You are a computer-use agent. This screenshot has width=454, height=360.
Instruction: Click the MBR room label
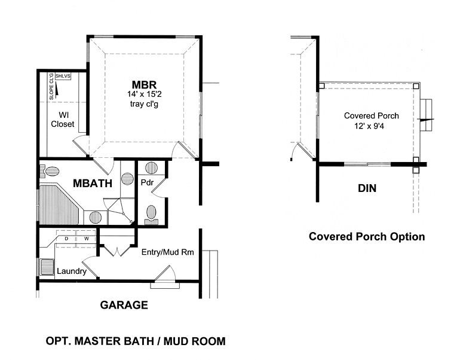pos(144,85)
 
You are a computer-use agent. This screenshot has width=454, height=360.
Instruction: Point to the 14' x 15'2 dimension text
pos(144,94)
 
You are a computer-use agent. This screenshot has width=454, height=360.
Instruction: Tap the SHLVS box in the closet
pos(63,77)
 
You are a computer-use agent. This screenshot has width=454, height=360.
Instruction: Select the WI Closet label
pos(63,120)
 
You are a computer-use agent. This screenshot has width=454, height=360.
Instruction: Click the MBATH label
pos(93,184)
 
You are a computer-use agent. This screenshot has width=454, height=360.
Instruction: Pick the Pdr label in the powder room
pos(147,183)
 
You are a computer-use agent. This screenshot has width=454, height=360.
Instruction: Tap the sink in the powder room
pos(151,168)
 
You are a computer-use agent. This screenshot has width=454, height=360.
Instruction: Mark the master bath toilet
pos(49,172)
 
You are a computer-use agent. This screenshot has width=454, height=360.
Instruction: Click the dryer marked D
pos(66,239)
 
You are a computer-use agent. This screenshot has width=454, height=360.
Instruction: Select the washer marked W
pos(86,239)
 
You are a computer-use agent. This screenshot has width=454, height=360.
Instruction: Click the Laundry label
pos(72,271)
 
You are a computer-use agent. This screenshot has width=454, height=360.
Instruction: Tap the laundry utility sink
pos(47,267)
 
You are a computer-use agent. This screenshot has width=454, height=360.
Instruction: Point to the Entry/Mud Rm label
pos(168,252)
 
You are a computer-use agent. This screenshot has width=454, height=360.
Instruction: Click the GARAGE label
pos(124,305)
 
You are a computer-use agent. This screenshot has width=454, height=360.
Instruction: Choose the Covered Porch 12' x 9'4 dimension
pos(369,126)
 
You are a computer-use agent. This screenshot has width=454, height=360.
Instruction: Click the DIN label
pos(367,188)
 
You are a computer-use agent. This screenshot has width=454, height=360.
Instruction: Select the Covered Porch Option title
pos(367,237)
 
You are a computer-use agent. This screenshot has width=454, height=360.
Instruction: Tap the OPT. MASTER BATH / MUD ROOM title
pos(136,341)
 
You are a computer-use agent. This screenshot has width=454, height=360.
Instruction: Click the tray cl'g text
pos(144,104)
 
